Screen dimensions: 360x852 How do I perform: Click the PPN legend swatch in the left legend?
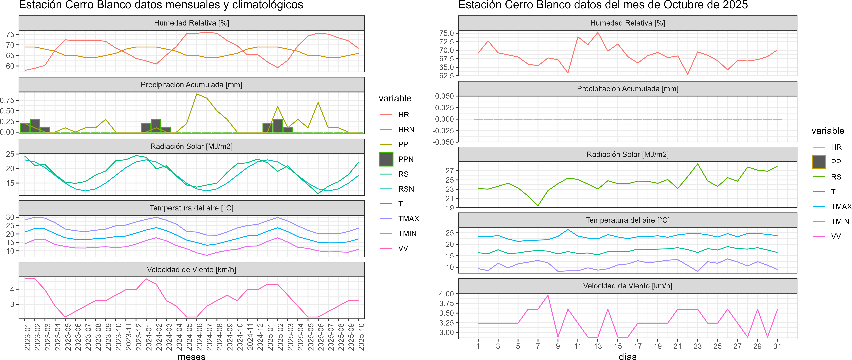click(x=386, y=159)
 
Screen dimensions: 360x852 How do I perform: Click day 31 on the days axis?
click(x=777, y=346)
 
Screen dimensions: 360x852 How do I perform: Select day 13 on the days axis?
click(x=598, y=346)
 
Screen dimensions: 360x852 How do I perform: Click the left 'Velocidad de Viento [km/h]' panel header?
click(x=192, y=270)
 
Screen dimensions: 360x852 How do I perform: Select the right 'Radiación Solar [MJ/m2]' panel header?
click(x=627, y=154)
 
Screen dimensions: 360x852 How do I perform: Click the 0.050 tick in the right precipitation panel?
click(x=444, y=96)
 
